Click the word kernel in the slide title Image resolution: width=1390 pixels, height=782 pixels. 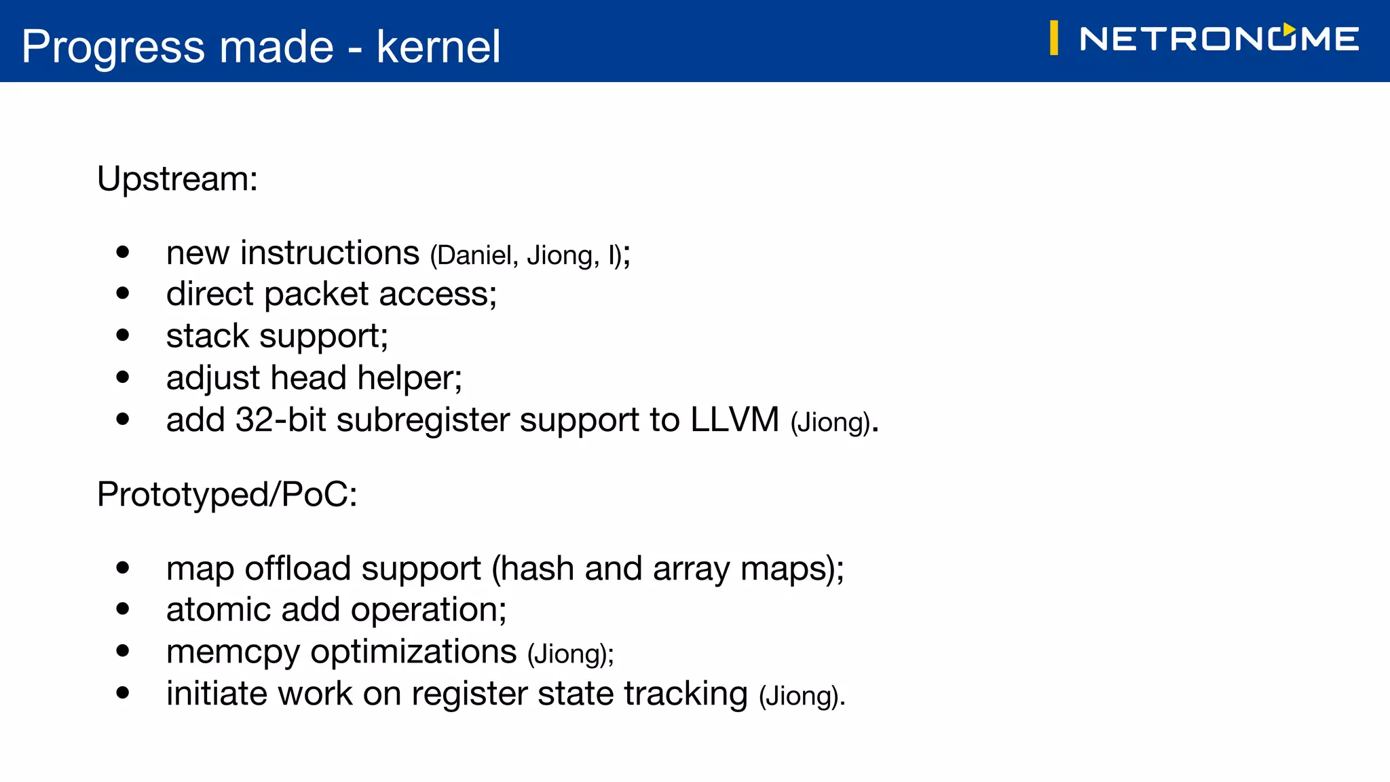click(438, 47)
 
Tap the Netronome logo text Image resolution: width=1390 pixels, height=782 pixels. click(1219, 39)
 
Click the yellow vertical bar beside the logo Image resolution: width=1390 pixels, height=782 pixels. click(1053, 38)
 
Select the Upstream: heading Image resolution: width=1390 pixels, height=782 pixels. click(177, 179)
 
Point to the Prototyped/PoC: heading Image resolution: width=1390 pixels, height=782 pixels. click(227, 494)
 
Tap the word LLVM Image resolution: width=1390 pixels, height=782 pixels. click(734, 420)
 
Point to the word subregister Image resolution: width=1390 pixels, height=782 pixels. click(423, 421)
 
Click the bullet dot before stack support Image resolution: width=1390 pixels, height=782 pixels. click(123, 335)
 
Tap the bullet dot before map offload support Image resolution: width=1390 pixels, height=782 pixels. click(123, 568)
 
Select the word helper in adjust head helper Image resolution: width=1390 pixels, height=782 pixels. click(409, 378)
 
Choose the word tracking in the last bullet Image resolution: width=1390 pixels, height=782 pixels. click(685, 694)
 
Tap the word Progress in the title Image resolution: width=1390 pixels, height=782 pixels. click(113, 47)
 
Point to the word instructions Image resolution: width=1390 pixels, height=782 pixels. click(330, 253)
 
